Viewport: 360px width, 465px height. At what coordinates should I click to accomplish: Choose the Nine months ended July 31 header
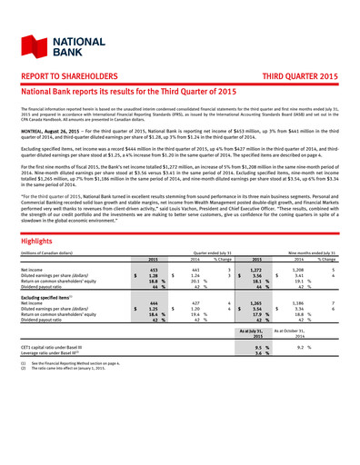click(x=315, y=239)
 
